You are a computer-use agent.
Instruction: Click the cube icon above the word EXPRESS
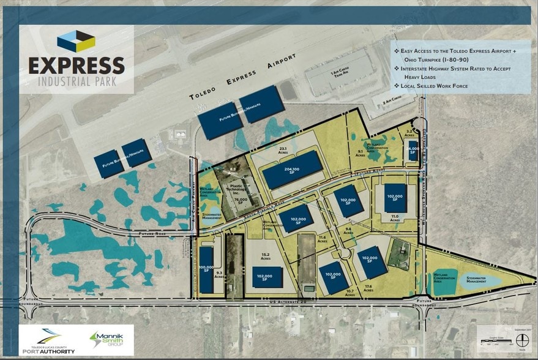[x=76, y=42]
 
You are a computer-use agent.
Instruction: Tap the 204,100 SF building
[x=293, y=170]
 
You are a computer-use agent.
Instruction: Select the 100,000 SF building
[x=206, y=269]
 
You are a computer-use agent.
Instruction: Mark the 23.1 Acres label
[x=283, y=151]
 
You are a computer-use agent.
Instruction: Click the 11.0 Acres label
[x=395, y=217]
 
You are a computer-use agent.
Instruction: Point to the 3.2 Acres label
[x=410, y=133]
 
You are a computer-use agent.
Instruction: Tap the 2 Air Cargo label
[x=391, y=100]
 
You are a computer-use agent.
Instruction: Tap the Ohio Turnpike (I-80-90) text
[x=441, y=60]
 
